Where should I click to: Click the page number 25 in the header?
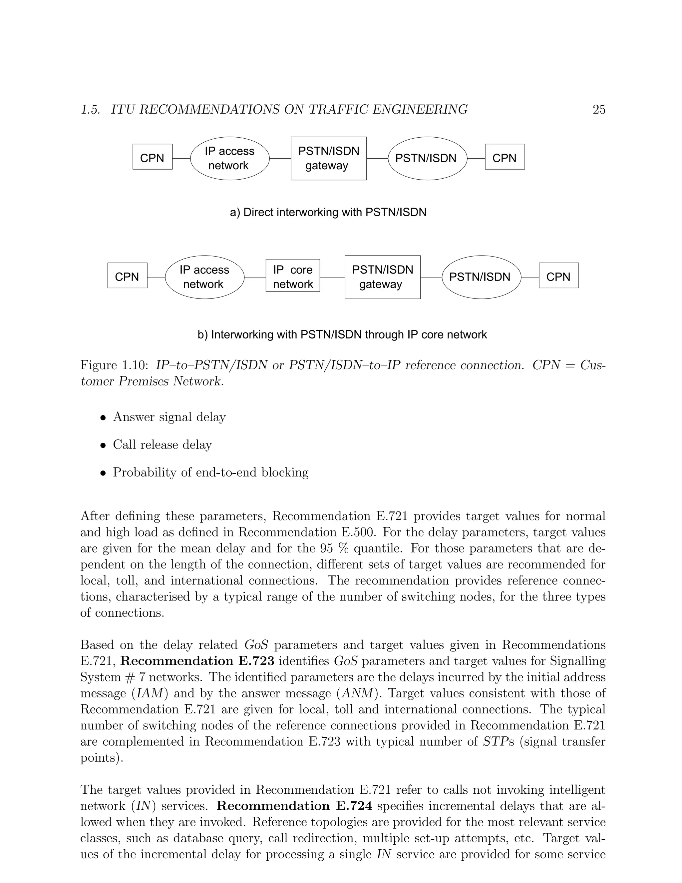pyautogui.click(x=599, y=110)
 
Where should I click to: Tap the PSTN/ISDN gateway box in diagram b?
pyautogui.click(x=382, y=277)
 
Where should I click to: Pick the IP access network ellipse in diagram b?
pyautogui.click(x=204, y=277)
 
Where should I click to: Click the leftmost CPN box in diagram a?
pyautogui.click(x=152, y=157)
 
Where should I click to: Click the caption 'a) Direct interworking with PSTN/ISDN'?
pyautogui.click(x=328, y=212)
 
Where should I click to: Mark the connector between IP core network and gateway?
pyautogui.click(x=332, y=277)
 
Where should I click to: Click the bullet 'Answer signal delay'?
pyautogui.click(x=169, y=417)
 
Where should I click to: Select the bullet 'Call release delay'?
pyautogui.click(x=162, y=445)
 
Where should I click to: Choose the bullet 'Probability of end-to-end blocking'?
pyautogui.click(x=210, y=472)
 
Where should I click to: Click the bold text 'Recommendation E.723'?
pyautogui.click(x=197, y=661)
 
